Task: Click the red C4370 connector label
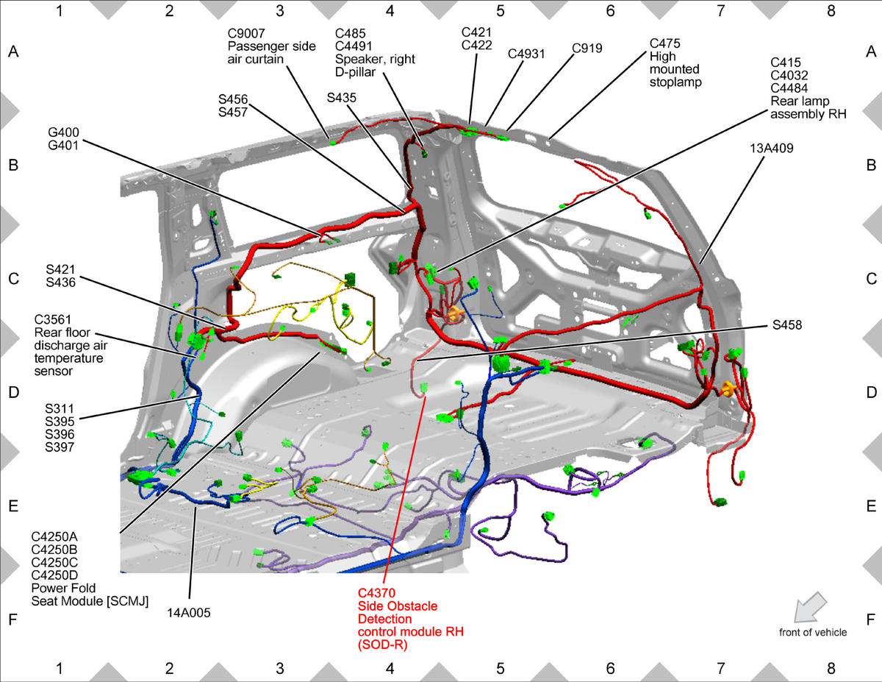click(x=376, y=593)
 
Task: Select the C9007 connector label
click(x=246, y=33)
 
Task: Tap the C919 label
click(x=587, y=49)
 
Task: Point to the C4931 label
click(x=526, y=54)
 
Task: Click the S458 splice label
click(x=787, y=325)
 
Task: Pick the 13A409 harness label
click(x=771, y=149)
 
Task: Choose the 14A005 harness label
click(x=189, y=613)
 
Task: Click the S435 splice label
click(x=341, y=98)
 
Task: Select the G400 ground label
click(x=63, y=132)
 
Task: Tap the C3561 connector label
click(x=52, y=320)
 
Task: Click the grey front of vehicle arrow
click(x=810, y=607)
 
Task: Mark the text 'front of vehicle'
click(x=813, y=633)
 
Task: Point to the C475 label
click(x=665, y=43)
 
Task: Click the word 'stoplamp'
click(x=675, y=82)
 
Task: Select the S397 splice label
click(x=60, y=447)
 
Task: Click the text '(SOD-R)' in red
click(x=382, y=644)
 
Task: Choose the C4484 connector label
click(x=789, y=88)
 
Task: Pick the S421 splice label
click(x=60, y=269)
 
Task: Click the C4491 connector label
click(x=354, y=46)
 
